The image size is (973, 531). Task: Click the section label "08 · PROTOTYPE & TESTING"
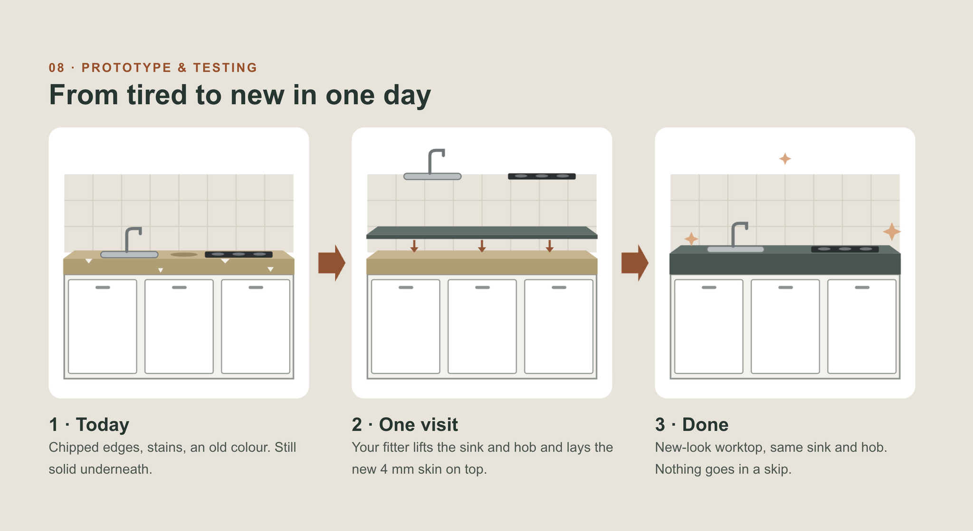(153, 68)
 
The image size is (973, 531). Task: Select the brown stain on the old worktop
(184, 255)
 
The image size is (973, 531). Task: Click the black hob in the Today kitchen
(238, 254)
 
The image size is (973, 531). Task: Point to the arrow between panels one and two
(332, 263)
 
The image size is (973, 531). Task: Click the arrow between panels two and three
(635, 263)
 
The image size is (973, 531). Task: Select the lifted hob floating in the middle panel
(542, 176)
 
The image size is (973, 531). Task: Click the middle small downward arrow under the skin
(482, 246)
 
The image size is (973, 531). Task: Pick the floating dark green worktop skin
(482, 232)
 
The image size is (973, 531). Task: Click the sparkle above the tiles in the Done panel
(785, 159)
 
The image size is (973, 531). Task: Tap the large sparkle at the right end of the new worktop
(892, 232)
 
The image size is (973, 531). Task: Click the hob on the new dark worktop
(845, 249)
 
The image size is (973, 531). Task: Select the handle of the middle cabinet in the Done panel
(785, 288)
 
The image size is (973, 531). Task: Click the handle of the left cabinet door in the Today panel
(103, 288)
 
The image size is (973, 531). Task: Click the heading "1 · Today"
(89, 425)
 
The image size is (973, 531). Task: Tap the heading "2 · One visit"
(405, 425)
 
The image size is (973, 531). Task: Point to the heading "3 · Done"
(692, 425)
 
